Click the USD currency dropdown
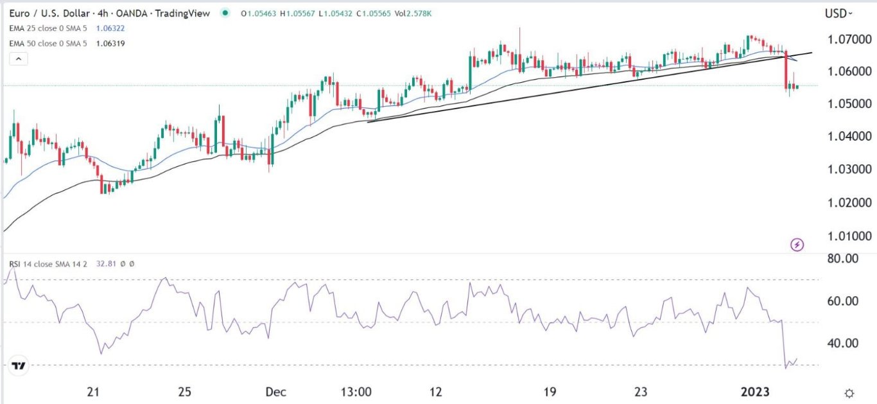pos(839,13)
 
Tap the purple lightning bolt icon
pos(797,245)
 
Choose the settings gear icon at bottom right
pos(849,393)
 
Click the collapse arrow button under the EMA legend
pos(19,59)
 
